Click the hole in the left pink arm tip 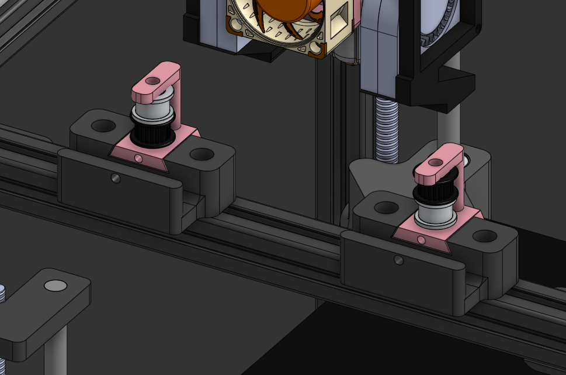152,81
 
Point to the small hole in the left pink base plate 138,158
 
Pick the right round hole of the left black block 202,155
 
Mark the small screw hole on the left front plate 116,179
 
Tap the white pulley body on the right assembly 434,218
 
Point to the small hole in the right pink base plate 421,239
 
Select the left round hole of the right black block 386,207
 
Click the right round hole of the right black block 484,236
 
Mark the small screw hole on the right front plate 398,260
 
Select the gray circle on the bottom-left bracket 56,286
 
